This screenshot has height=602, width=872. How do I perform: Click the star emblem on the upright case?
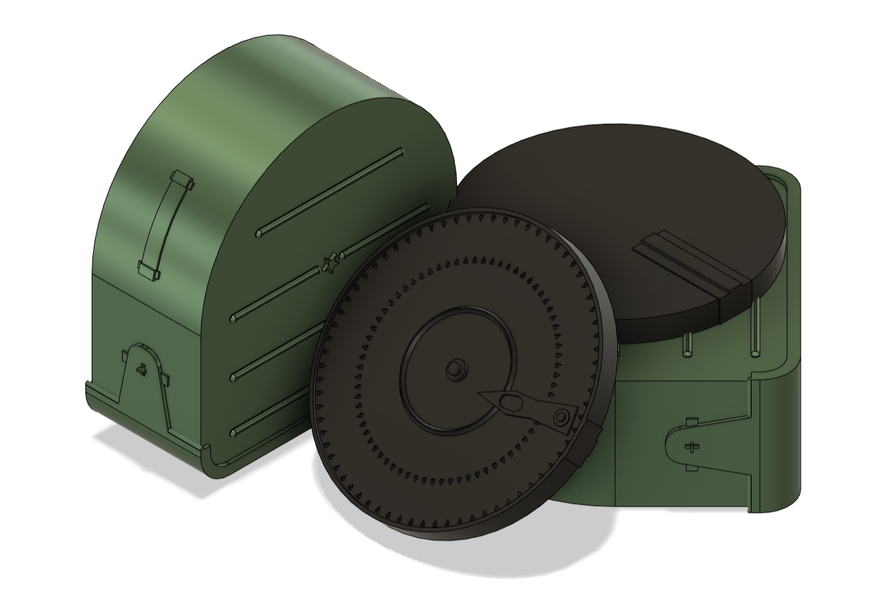[330, 263]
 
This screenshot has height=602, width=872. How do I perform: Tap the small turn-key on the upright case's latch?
[142, 370]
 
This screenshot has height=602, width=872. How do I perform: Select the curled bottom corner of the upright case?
[210, 462]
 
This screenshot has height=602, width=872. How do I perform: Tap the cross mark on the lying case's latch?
[693, 447]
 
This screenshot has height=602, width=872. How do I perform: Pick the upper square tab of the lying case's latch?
[692, 421]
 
